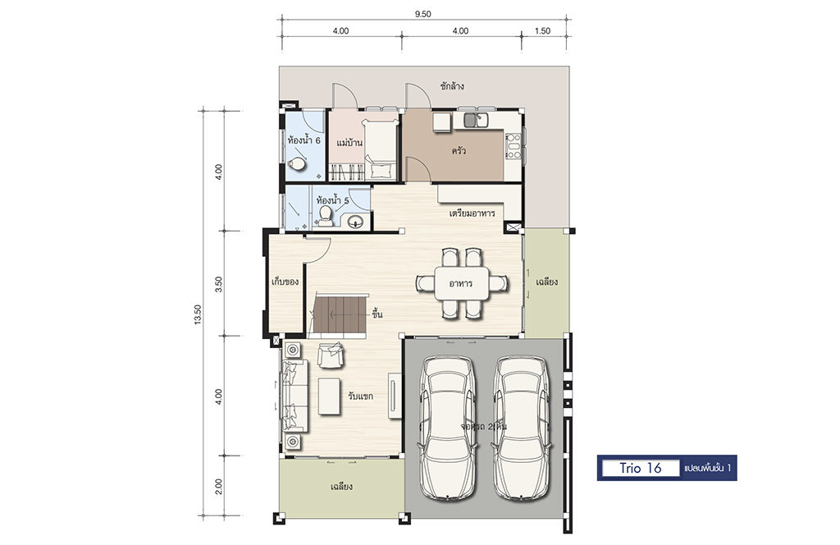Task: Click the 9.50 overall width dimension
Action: tap(422, 15)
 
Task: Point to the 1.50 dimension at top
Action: tap(542, 31)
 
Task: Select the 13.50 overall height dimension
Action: tap(198, 314)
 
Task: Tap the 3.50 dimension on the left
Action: tap(218, 284)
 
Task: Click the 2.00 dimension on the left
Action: tap(218, 487)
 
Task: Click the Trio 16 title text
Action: tap(641, 468)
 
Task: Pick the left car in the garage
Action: tap(446, 427)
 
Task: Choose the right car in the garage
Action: tap(520, 427)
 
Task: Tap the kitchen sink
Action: tap(476, 120)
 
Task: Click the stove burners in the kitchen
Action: tap(514, 146)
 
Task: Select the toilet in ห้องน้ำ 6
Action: tap(296, 163)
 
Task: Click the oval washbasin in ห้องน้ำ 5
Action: tap(355, 221)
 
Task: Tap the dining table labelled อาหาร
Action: tap(461, 283)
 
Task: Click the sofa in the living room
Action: tap(294, 396)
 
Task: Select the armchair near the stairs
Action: tap(331, 355)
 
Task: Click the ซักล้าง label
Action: tap(452, 85)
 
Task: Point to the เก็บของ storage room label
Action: tap(285, 282)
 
